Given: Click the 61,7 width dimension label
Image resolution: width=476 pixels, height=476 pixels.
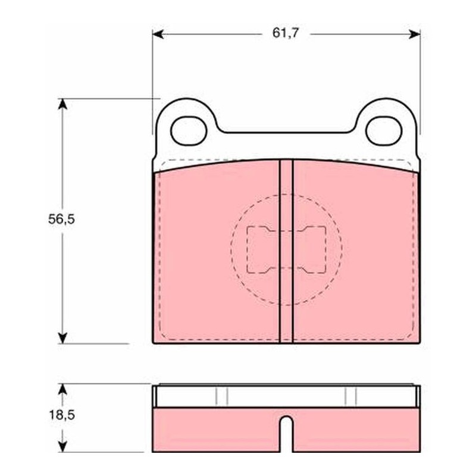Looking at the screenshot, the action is [286, 33].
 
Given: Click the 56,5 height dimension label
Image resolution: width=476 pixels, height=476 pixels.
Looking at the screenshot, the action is [61, 219].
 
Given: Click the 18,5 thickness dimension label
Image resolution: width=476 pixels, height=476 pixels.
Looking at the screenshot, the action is [62, 415].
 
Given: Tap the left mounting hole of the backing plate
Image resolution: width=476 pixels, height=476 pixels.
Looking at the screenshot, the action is [189, 130].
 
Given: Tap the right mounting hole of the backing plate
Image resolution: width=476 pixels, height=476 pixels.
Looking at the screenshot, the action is [384, 130].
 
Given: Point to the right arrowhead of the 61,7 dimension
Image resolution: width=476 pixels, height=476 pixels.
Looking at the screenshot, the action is [414, 35].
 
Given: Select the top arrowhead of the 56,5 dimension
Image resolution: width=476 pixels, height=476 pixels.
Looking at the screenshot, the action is [62, 104].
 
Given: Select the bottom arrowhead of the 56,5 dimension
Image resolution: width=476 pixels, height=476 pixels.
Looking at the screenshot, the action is [62, 338].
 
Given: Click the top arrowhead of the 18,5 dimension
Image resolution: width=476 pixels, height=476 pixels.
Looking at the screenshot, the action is [62, 390].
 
